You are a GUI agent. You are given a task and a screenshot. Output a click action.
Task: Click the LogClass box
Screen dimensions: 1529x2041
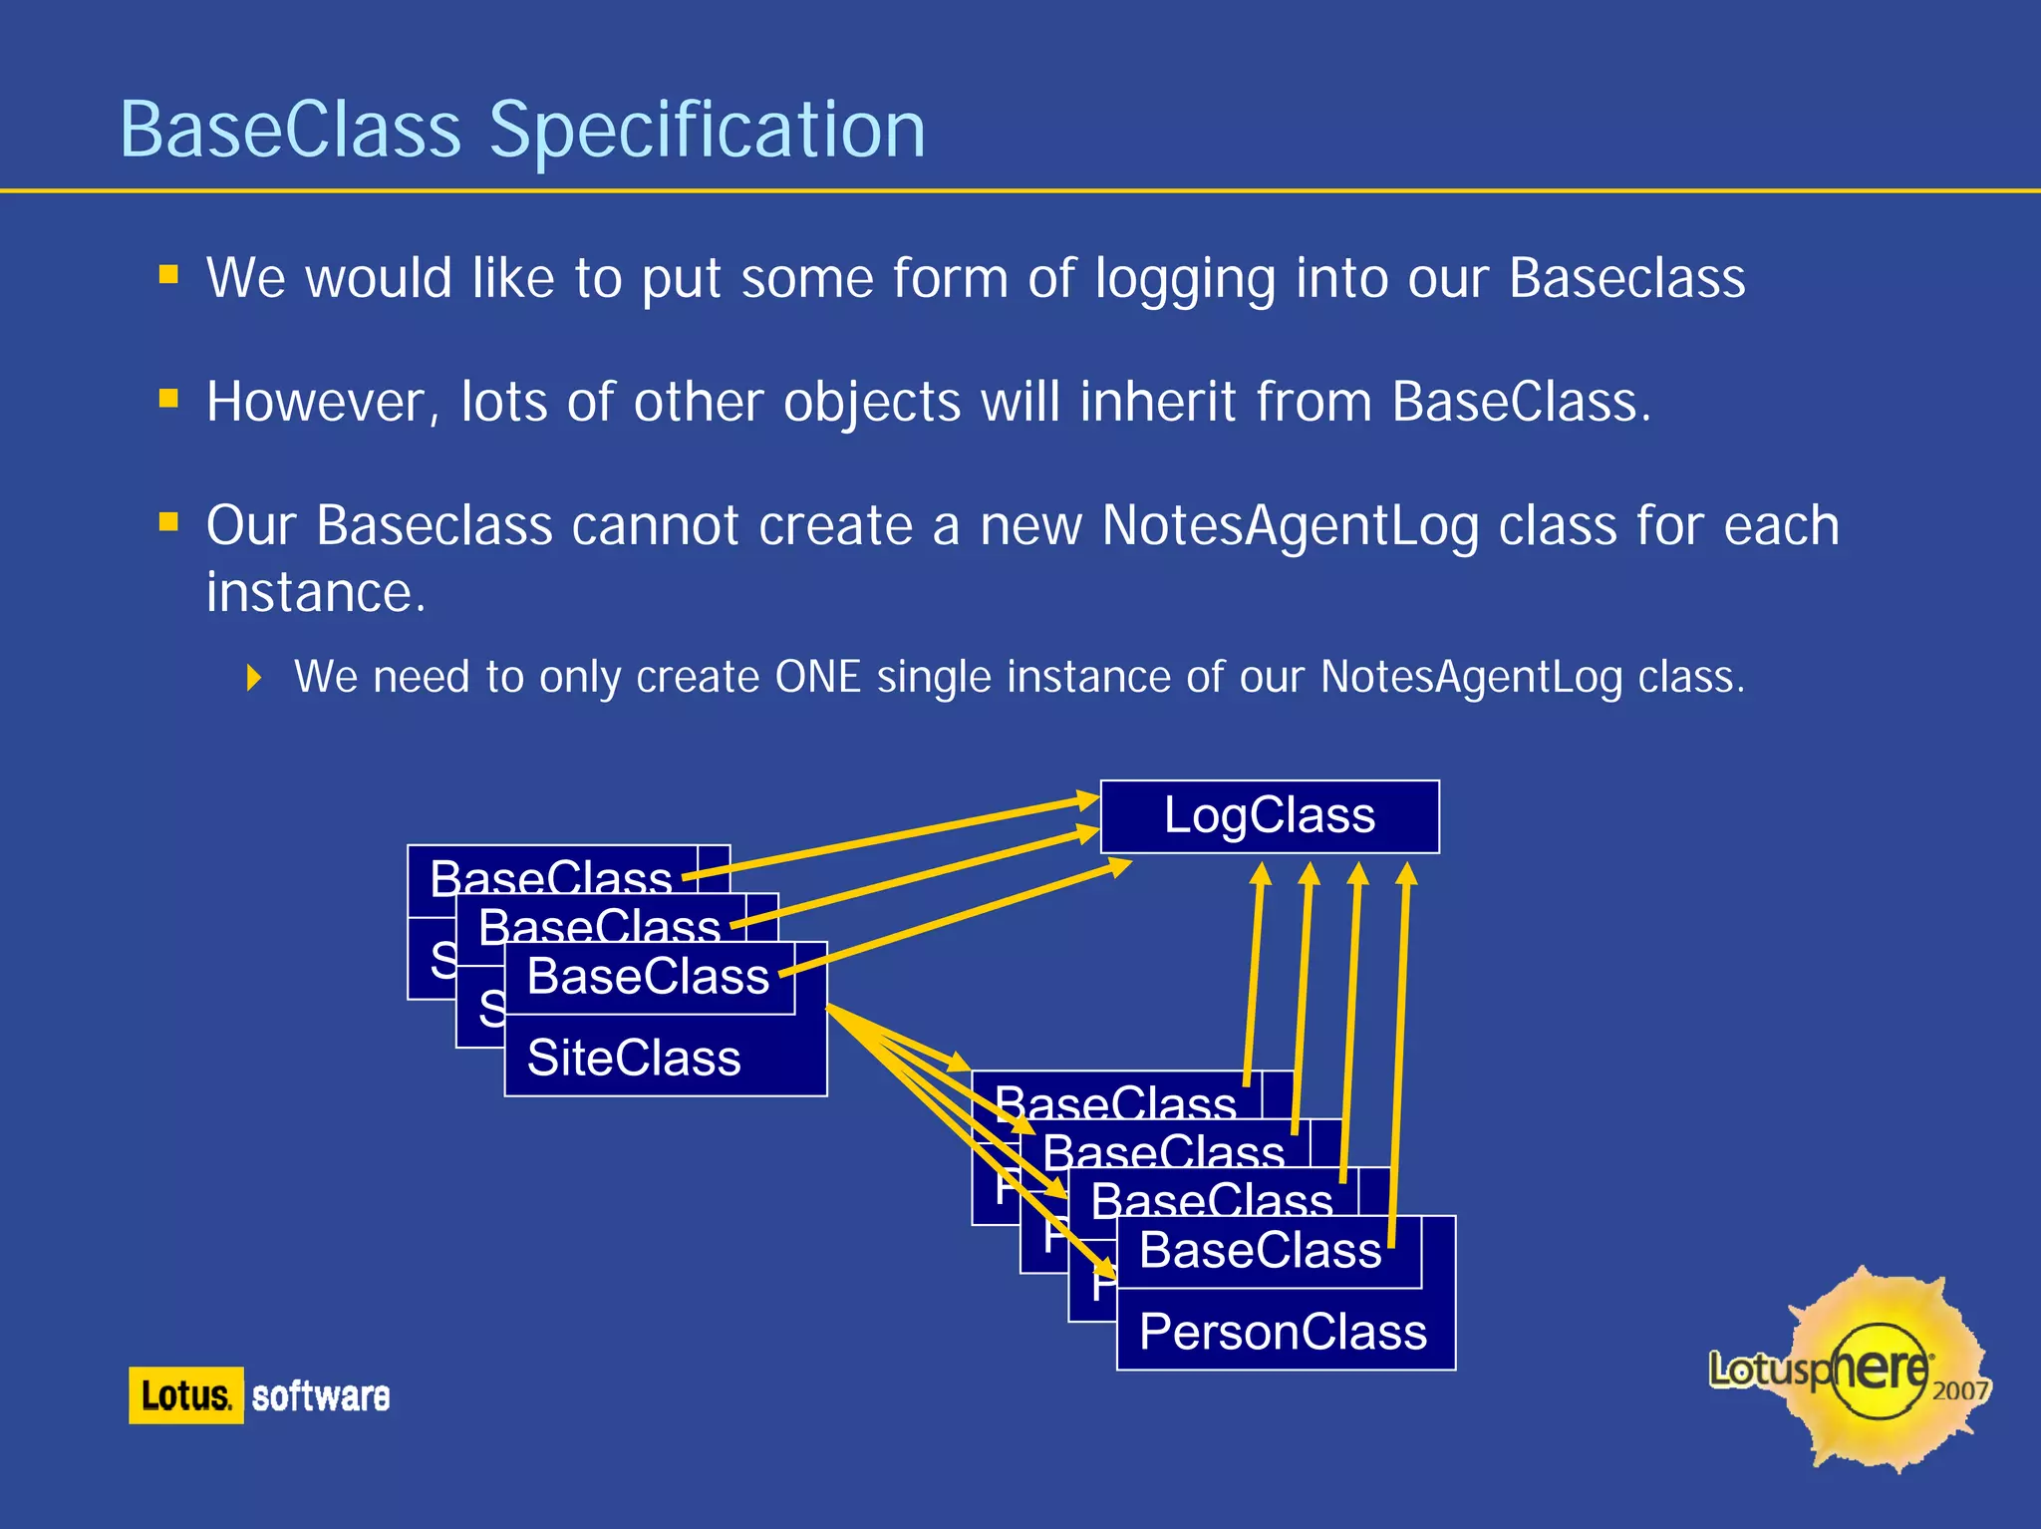[1269, 816]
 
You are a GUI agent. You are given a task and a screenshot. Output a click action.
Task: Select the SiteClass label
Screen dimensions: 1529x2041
[634, 1058]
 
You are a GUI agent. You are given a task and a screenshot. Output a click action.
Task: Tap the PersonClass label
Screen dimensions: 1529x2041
[1283, 1332]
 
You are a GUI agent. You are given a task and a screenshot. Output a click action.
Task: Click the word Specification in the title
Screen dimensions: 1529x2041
[708, 131]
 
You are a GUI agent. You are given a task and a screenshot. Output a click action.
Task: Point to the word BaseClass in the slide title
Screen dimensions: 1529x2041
[290, 131]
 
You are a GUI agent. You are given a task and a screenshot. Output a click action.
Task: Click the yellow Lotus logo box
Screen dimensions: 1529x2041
[185, 1395]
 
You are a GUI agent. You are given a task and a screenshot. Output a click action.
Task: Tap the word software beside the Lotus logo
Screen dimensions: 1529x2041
[320, 1396]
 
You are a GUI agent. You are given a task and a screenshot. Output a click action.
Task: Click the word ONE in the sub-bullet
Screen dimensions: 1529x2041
[817, 678]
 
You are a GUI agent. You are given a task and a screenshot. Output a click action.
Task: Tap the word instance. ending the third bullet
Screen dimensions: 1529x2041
[316, 593]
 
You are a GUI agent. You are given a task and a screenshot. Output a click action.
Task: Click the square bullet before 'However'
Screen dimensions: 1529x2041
[168, 400]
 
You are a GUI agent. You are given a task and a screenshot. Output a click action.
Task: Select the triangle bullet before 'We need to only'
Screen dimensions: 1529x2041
[254, 679]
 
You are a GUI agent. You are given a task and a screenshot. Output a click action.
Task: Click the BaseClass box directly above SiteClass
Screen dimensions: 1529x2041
[648, 977]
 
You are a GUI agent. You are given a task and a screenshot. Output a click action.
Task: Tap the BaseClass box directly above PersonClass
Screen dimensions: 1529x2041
[1260, 1251]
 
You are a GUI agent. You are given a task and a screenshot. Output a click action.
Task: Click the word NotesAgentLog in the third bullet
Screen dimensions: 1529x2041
[1290, 526]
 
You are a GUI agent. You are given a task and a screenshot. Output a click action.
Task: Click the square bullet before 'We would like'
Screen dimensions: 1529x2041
[168, 274]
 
